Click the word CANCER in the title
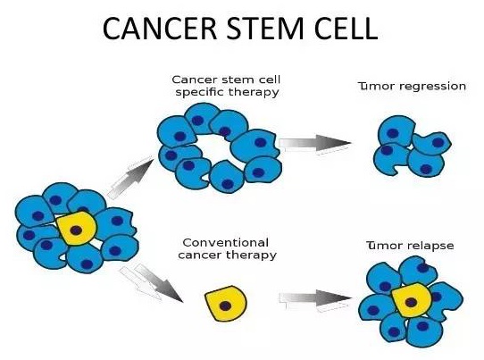pos(160,29)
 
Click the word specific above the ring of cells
pos(197,92)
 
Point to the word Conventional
pos(225,243)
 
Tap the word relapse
pos(431,246)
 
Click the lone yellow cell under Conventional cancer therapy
pos(226,304)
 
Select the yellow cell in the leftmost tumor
pos(77,229)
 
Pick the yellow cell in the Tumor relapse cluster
pos(411,300)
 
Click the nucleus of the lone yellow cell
pos(225,306)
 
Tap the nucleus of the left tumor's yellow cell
pos(76,230)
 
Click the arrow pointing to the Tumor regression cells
pos(315,144)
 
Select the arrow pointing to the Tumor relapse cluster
pos(315,299)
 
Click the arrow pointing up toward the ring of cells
pos(131,177)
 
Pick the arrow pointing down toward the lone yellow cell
pos(152,283)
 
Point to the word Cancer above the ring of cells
pos(191,80)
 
